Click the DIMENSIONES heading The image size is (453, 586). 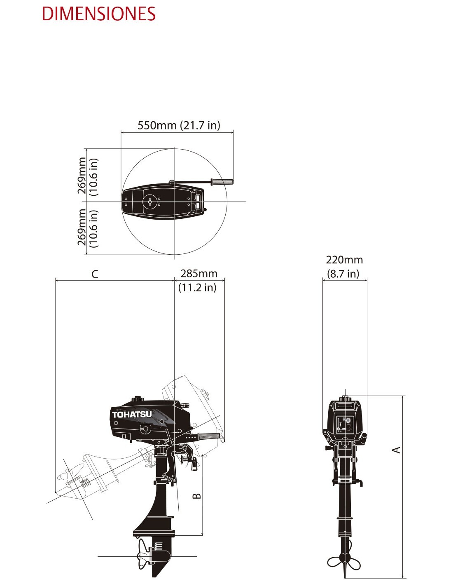[x=99, y=14]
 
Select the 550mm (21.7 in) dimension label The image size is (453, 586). [x=179, y=125]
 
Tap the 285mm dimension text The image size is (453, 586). [x=199, y=274]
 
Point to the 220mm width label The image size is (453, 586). [x=344, y=260]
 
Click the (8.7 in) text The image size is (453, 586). [x=343, y=274]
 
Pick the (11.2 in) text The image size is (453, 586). [x=197, y=288]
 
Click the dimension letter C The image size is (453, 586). [x=95, y=274]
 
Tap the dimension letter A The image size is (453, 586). [x=397, y=450]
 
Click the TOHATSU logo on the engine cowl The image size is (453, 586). [x=132, y=414]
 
